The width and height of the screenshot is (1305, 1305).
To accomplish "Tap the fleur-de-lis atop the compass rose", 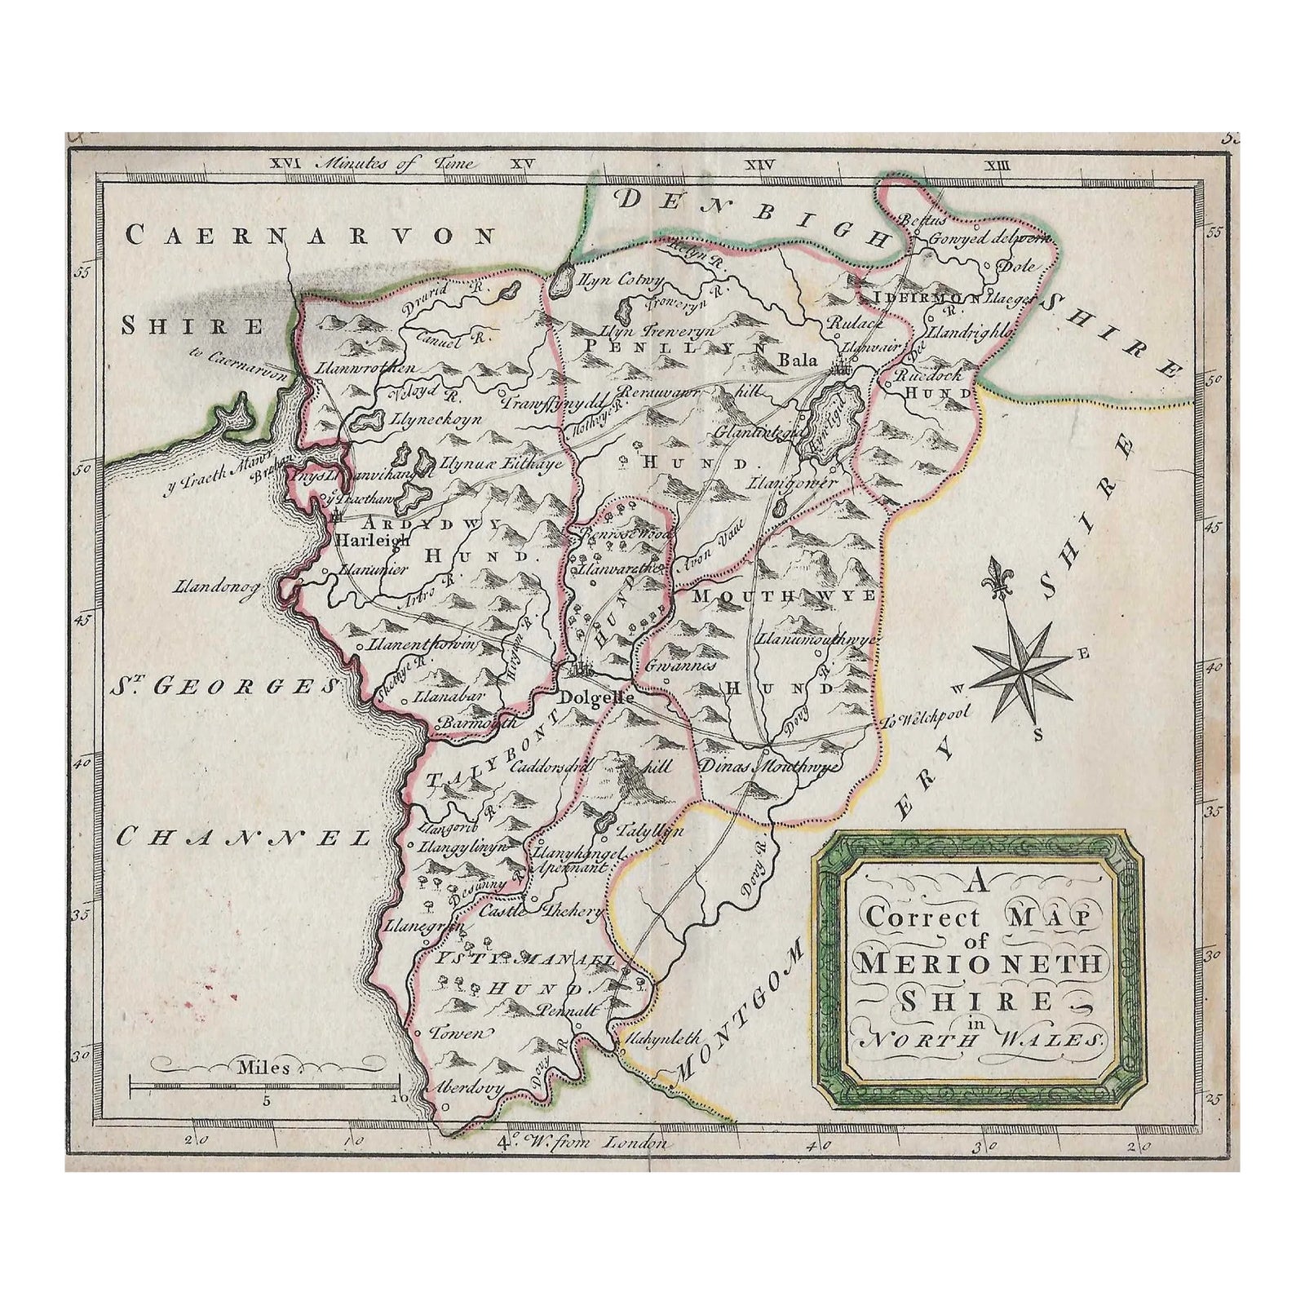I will coord(996,576).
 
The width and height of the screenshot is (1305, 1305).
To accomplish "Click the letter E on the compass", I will coord(1083,652).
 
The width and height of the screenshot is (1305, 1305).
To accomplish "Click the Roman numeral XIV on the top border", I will coord(760,166).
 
